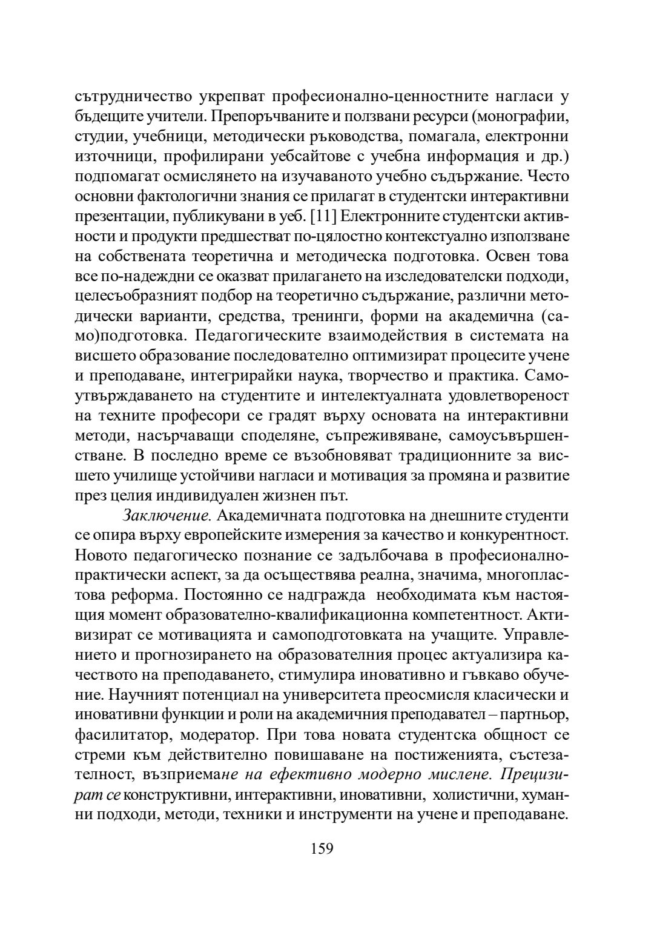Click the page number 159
coord(322,848)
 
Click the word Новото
coord(100,556)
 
